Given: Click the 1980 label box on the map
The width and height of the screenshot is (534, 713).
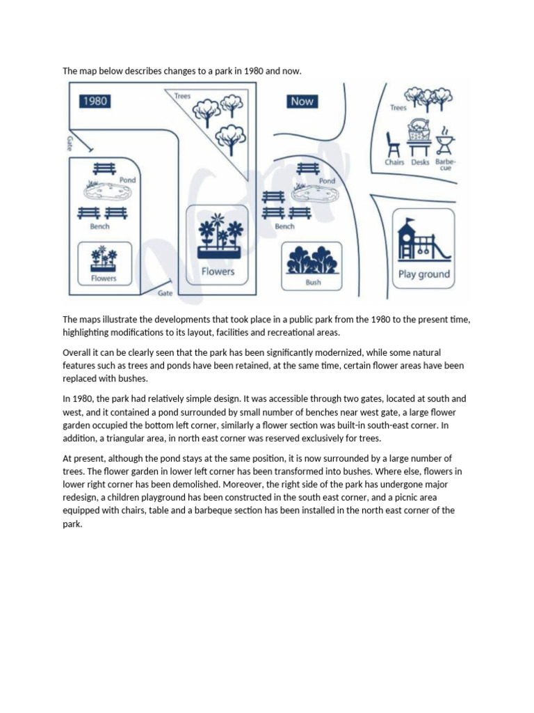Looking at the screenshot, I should click(x=95, y=101).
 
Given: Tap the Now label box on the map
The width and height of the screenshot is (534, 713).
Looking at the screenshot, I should click(x=302, y=101).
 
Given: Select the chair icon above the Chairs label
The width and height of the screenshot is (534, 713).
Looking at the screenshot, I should click(x=394, y=143).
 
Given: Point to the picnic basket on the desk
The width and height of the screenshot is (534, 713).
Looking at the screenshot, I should click(x=419, y=130).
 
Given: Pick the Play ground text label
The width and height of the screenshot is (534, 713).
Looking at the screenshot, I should click(x=424, y=274).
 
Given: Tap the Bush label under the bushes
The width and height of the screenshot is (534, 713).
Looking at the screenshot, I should click(x=314, y=283).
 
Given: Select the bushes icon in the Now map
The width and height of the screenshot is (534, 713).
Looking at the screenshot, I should click(x=313, y=260).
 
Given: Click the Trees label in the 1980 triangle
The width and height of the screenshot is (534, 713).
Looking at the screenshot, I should click(x=182, y=95).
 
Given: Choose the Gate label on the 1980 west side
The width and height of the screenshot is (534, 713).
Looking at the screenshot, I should click(x=70, y=143).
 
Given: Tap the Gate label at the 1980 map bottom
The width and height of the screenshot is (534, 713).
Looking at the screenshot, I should click(x=165, y=293).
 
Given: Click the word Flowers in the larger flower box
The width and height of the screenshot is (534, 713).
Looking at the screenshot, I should click(x=218, y=271).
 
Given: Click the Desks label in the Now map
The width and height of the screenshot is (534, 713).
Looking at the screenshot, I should click(x=420, y=162).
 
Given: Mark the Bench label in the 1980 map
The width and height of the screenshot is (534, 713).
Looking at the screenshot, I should click(x=99, y=226).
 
